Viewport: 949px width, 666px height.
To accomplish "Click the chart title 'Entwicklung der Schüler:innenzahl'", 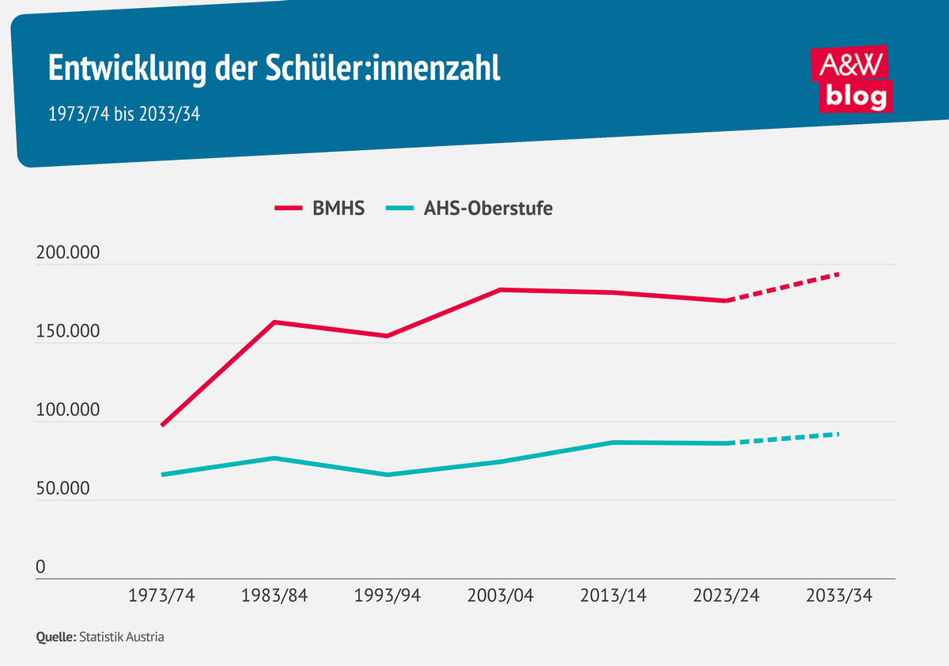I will [274, 69].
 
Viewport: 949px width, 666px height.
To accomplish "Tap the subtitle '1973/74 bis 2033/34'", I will [124, 114].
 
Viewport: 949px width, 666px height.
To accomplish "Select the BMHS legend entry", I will [320, 209].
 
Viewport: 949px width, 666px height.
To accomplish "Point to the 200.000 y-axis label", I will [68, 254].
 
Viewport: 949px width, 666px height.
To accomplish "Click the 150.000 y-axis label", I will [68, 332].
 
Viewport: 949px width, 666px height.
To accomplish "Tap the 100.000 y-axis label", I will [68, 410].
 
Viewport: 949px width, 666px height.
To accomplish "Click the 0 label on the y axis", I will [41, 567].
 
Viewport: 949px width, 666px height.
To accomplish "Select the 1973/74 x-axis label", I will [161, 596].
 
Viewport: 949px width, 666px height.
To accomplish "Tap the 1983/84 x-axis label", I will [274, 596].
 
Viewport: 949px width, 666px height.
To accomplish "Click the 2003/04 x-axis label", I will [501, 596].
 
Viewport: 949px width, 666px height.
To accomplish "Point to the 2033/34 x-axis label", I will [839, 596].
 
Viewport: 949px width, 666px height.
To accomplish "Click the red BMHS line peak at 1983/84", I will [274, 322].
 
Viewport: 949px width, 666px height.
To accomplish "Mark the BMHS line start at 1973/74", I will [162, 425].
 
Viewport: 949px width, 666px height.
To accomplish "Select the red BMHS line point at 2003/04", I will [501, 290].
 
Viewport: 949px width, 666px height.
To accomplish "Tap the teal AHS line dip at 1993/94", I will [388, 475].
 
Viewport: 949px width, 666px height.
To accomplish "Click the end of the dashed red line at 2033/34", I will [838, 274].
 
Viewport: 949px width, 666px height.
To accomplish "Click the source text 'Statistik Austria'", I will [122, 637].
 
